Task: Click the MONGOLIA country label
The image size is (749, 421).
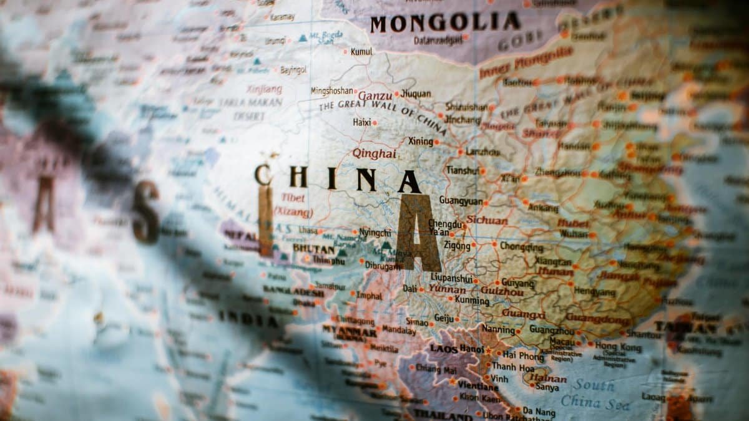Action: pyautogui.click(x=445, y=23)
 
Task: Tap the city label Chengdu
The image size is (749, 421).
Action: pyautogui.click(x=446, y=224)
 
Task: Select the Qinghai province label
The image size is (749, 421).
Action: pyautogui.click(x=374, y=153)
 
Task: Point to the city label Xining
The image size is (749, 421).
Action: pyautogui.click(x=420, y=142)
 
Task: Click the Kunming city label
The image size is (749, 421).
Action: pyautogui.click(x=472, y=301)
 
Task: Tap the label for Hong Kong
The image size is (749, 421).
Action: pyautogui.click(x=618, y=346)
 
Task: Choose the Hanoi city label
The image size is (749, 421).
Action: pyautogui.click(x=472, y=349)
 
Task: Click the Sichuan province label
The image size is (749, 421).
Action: pyautogui.click(x=487, y=220)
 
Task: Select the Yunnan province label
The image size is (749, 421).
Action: pyautogui.click(x=447, y=290)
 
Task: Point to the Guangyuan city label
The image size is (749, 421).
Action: pyautogui.click(x=461, y=201)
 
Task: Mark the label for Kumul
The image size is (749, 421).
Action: pyautogui.click(x=361, y=52)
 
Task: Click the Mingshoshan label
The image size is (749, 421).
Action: pyautogui.click(x=332, y=91)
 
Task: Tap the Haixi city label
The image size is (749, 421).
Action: pyautogui.click(x=362, y=123)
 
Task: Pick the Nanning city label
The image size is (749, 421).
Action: pyautogui.click(x=498, y=329)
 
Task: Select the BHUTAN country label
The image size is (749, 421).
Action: pyautogui.click(x=309, y=248)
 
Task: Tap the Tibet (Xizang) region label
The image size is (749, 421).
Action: pyautogui.click(x=294, y=205)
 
